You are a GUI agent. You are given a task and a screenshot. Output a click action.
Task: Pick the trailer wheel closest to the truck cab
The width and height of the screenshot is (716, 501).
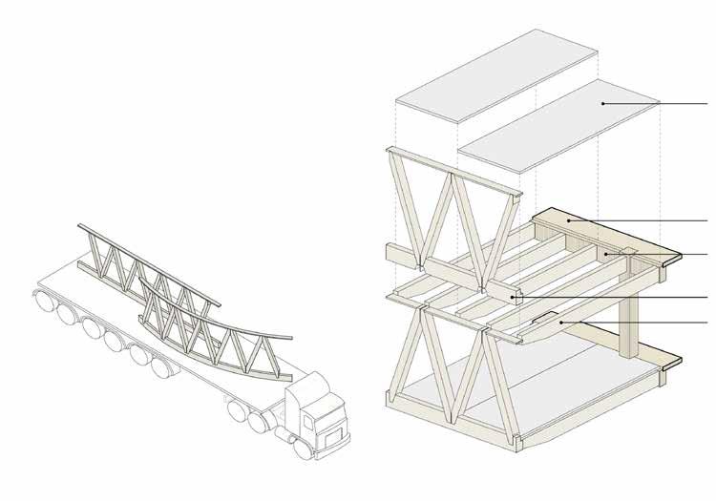point(236,411)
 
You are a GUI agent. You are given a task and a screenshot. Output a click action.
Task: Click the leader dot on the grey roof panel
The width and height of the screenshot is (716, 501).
point(603,102)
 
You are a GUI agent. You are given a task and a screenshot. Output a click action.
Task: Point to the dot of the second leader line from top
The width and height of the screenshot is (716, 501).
point(571,220)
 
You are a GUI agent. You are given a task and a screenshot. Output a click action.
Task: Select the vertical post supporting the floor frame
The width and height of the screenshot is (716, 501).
point(629,329)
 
